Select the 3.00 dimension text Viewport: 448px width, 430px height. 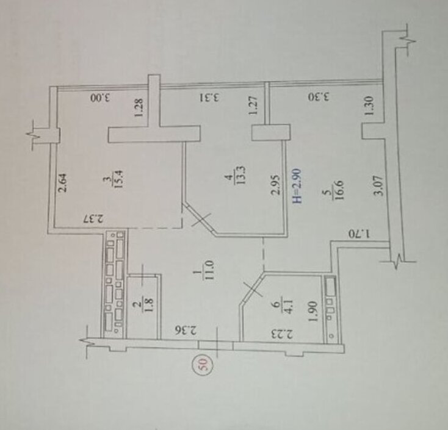coord(100,98)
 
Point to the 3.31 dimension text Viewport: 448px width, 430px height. coord(210,98)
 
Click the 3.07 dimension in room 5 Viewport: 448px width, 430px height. coord(378,185)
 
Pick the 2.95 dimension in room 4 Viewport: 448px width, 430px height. coord(274,185)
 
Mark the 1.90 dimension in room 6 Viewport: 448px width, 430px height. coord(313,310)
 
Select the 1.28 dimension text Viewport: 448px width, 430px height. coord(139,108)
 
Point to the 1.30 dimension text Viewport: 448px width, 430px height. coord(369,106)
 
